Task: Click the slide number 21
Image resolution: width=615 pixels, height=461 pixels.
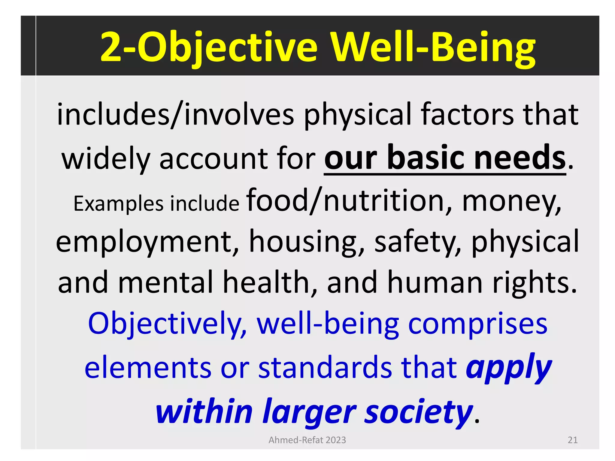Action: tap(572, 440)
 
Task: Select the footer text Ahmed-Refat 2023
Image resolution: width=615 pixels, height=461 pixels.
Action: tap(307, 440)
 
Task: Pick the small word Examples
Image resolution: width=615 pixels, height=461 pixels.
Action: tap(118, 204)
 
